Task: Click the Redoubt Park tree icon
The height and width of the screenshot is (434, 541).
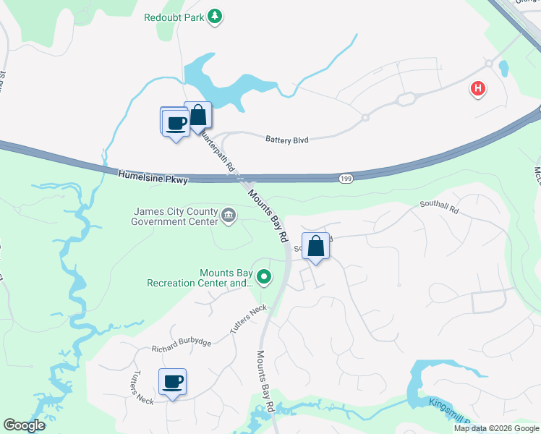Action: pos(214,17)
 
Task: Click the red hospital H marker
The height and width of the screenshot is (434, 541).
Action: pos(477,90)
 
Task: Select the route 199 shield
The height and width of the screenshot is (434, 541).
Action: pos(346,177)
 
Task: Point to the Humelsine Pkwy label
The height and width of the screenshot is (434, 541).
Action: pos(152,175)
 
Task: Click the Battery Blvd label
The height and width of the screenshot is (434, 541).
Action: pos(287,140)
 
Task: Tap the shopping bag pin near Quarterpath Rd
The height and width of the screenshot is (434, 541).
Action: pos(198,115)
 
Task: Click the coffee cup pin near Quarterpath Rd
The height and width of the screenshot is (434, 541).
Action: pos(175,122)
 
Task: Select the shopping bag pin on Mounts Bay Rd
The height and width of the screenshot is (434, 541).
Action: pos(316,247)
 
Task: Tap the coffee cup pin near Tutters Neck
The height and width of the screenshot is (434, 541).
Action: pos(172,381)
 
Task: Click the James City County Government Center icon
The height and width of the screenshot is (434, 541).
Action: pos(229,214)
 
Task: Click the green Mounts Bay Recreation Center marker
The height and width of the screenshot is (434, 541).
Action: pos(265,276)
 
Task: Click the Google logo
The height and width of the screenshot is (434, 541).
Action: pos(24,425)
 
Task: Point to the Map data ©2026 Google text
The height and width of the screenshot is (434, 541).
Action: pos(495,428)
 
